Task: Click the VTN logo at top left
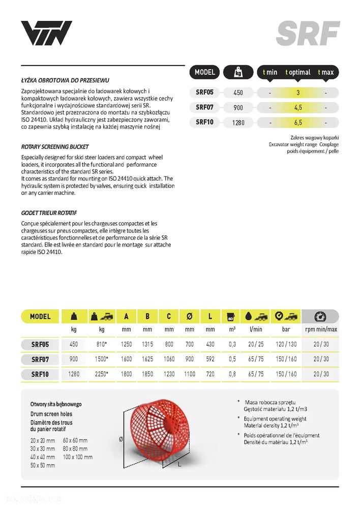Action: (x=46, y=33)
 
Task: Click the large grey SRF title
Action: (x=308, y=34)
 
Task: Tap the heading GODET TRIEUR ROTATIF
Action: (x=49, y=213)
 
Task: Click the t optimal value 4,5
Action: (x=298, y=107)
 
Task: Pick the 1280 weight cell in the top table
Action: (x=238, y=122)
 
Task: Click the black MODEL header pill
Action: (x=205, y=72)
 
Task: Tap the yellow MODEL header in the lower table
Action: (x=40, y=316)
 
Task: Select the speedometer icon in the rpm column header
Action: (x=320, y=316)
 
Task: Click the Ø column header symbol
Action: (x=190, y=316)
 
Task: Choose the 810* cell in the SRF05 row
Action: (x=101, y=344)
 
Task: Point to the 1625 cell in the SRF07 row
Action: (x=147, y=359)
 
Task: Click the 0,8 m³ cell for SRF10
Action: (x=232, y=374)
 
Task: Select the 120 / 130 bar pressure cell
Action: (x=286, y=344)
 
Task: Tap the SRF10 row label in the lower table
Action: (x=40, y=374)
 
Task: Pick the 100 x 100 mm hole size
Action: (x=77, y=457)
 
